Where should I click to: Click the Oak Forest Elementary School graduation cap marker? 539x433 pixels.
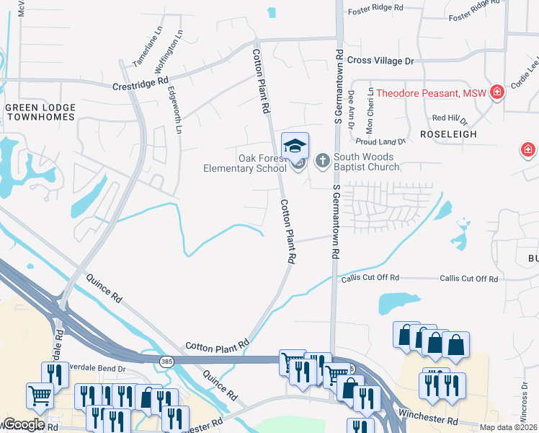(295, 146)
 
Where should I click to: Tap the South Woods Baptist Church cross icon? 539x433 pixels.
(322, 159)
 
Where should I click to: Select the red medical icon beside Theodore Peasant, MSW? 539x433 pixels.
(496, 92)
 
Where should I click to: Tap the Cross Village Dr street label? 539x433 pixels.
(380, 61)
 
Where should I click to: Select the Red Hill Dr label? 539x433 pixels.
(450, 118)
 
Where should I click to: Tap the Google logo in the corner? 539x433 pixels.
(24, 424)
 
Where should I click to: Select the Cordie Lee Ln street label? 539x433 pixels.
(524, 76)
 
